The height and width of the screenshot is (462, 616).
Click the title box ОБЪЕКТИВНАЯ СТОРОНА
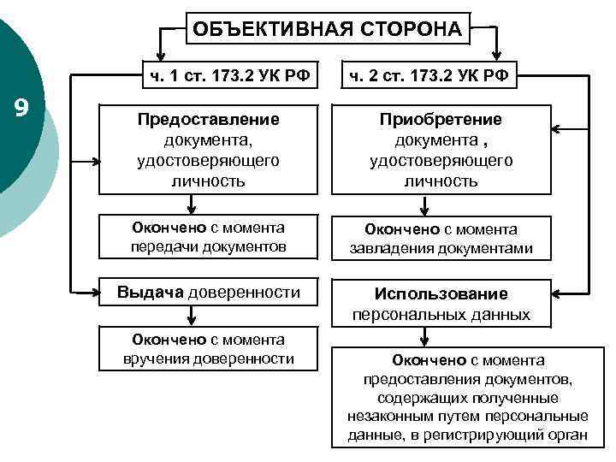[x=327, y=29]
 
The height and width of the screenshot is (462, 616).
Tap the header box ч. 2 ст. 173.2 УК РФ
[x=429, y=74]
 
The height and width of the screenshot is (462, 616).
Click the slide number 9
[x=22, y=107]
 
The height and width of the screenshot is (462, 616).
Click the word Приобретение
[x=441, y=119]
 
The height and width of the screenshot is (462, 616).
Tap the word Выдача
[x=151, y=293]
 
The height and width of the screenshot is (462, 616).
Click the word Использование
[x=441, y=293]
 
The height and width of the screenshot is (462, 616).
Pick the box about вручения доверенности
[x=209, y=348]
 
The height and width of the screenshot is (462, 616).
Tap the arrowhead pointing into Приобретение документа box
[x=557, y=131]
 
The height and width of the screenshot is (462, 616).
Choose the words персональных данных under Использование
[x=441, y=314]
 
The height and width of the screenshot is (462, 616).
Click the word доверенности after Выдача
[x=244, y=293]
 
